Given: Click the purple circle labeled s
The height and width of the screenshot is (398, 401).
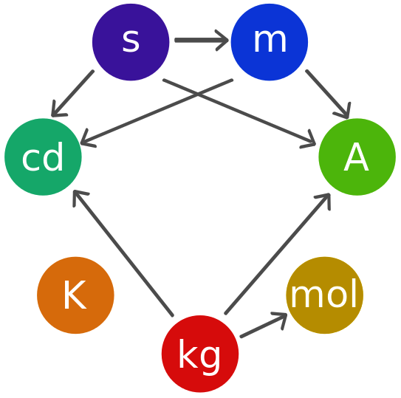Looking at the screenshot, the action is (131, 42).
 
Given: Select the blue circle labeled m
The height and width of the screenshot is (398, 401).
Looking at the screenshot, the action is (270, 42).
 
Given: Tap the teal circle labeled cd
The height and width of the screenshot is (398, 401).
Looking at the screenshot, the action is (43, 157).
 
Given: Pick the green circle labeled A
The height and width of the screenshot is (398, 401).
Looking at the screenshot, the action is (357, 157).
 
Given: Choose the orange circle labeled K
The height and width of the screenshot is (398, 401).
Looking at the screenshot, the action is (75, 295).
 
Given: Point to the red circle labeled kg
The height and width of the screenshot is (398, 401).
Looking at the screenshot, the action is (200, 354).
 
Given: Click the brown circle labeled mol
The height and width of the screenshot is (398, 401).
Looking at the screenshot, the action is (324, 295).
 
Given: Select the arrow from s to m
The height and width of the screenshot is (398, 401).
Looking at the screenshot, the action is (202, 40).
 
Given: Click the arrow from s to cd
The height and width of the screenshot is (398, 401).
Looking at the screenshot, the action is (72, 94).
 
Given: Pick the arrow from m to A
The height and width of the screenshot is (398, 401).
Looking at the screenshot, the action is (328, 94).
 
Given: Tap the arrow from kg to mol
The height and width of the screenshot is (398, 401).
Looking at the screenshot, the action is (264, 325).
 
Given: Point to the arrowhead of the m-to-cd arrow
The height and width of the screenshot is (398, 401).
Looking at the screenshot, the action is (88, 138).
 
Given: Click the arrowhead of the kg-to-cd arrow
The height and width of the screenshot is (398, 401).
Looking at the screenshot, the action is (80, 198).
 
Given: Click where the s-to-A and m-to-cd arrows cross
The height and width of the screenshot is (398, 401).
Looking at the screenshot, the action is (198, 94).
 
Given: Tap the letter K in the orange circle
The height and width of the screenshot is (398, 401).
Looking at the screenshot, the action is (75, 295).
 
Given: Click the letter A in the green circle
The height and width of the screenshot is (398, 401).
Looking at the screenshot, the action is (356, 157).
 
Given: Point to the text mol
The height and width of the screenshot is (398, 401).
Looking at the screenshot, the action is (323, 293).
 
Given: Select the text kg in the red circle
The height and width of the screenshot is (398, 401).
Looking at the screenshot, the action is (199, 354).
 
